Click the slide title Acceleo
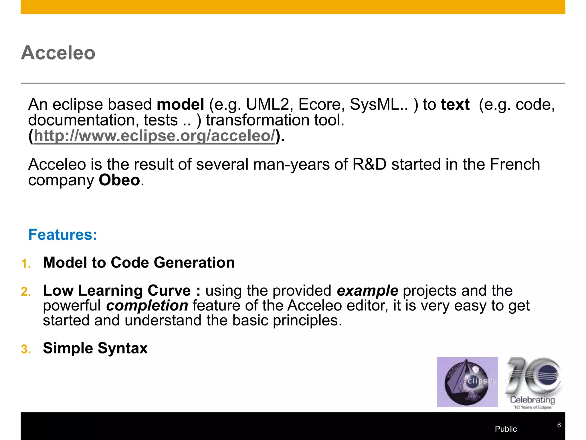pos(58,53)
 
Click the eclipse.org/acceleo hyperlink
pos(155,136)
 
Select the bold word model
pos(180,105)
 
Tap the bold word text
pos(455,105)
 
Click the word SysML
pos(378,105)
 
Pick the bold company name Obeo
pos(119,180)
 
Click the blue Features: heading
pos(63,235)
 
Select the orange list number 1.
pos(25,264)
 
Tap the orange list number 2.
pos(25,292)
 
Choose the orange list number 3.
pos(25,349)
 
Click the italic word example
pos(367,291)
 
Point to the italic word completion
pos(147,306)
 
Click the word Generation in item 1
pos(194,263)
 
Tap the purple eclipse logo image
pos(467,382)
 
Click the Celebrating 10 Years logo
pos(533,382)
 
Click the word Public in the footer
pos(506,429)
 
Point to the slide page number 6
pos(559,425)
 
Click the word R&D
pos(369,165)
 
